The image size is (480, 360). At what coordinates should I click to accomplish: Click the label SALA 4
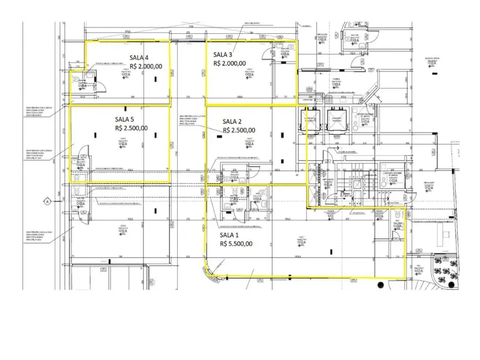pos(139,58)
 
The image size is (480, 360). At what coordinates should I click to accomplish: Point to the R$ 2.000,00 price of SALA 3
pos(229,63)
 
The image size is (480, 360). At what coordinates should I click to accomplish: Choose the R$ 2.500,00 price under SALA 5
pos(131,128)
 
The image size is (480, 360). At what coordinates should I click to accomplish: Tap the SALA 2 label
pos(233,122)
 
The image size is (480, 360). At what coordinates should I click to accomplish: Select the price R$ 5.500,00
pos(236,244)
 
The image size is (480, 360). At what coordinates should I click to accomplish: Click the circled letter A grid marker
pos(48,201)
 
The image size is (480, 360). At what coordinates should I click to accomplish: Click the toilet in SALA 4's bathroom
pos(76,80)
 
